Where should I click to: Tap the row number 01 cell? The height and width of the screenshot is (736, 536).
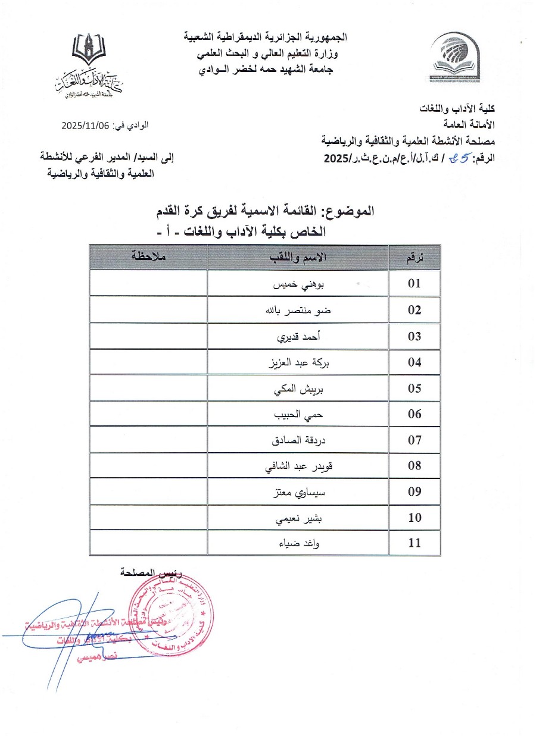pyautogui.click(x=415, y=284)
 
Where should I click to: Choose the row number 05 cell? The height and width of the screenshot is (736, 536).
pyautogui.click(x=415, y=389)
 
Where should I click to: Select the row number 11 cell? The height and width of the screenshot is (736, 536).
pyautogui.click(x=415, y=543)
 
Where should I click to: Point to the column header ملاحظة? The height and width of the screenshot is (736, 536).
pyautogui.click(x=148, y=257)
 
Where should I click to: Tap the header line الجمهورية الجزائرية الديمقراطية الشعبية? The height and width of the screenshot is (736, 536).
pyautogui.click(x=264, y=37)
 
